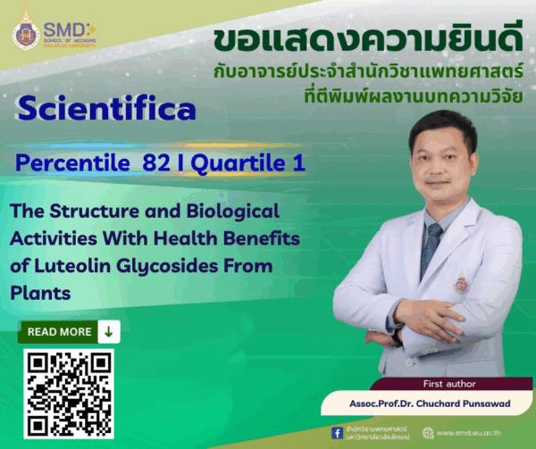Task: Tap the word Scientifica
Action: pos(105,110)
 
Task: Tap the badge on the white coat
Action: pos(460,283)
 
